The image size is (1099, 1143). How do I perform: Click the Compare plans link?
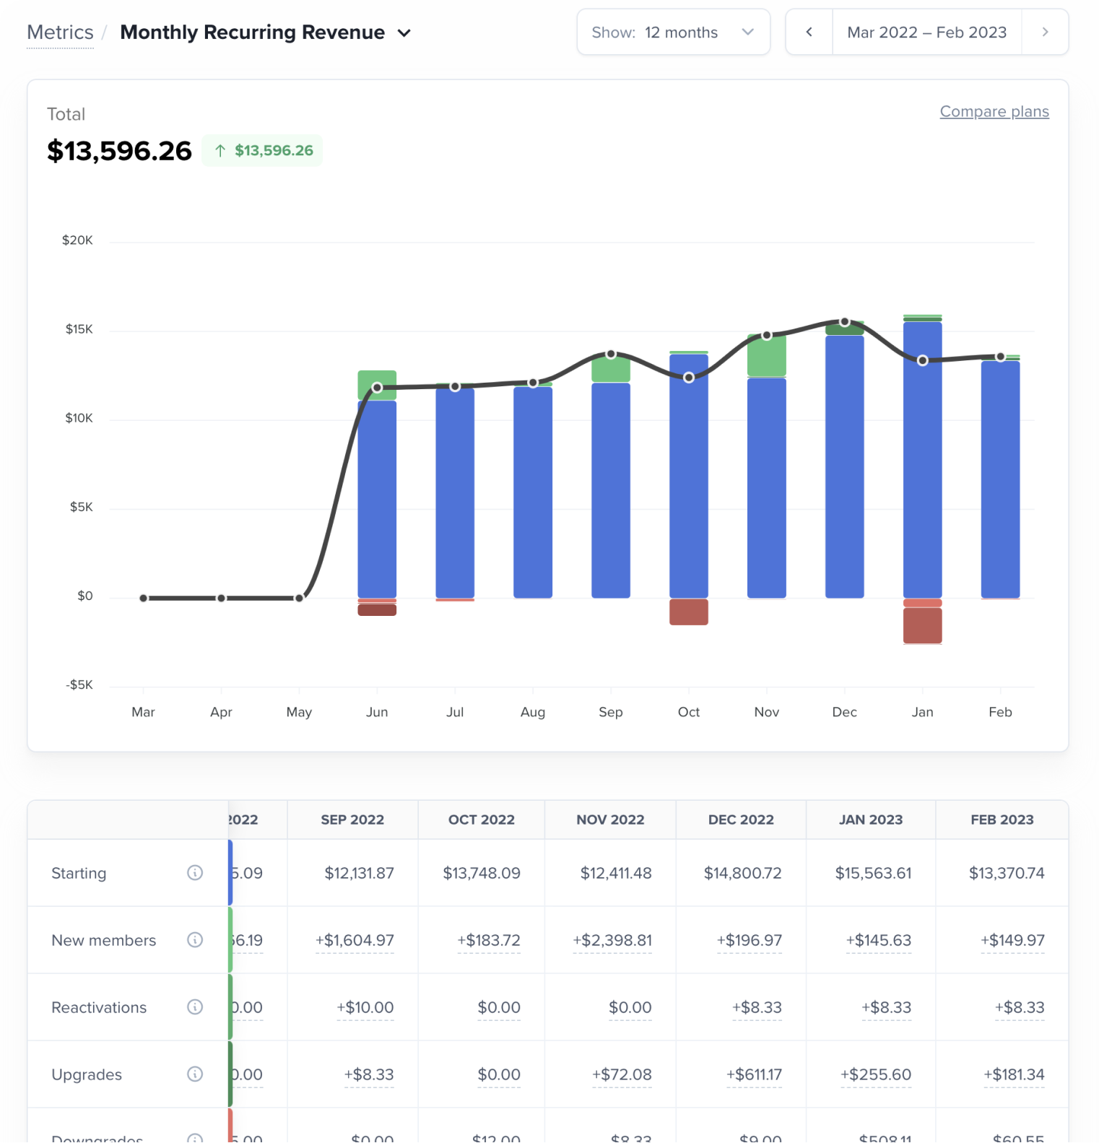click(994, 112)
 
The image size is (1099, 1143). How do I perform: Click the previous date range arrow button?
click(809, 32)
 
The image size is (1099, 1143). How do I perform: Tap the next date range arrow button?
click(1045, 32)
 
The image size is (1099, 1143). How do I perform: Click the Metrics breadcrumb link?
click(60, 32)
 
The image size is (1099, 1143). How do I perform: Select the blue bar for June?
click(377, 498)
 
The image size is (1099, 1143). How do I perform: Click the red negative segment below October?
click(688, 612)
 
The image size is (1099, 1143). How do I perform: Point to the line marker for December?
click(844, 321)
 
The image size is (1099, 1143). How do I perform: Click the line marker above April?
click(221, 598)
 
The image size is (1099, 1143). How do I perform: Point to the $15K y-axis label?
click(79, 329)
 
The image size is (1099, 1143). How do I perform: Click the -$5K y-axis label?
click(79, 685)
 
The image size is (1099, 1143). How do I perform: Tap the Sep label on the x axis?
click(610, 712)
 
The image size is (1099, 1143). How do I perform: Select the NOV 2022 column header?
click(610, 820)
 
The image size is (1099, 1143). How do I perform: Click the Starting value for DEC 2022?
click(742, 873)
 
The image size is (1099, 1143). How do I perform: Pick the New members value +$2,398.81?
click(612, 940)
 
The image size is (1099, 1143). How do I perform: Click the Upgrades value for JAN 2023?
click(875, 1074)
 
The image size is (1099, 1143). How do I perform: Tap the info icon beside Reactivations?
click(195, 1007)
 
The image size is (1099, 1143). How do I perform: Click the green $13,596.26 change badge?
click(263, 150)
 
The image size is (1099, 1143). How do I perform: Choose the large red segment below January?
click(922, 625)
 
